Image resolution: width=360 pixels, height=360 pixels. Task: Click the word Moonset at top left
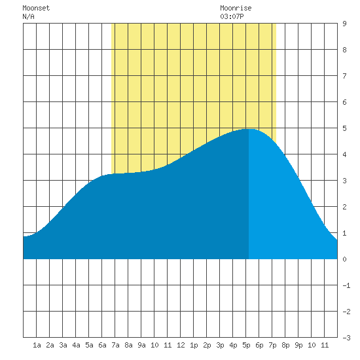tap(36, 8)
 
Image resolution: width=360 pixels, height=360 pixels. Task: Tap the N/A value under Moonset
tap(28, 16)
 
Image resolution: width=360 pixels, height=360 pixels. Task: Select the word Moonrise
tap(236, 8)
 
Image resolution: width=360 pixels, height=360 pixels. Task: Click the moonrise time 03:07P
tap(232, 16)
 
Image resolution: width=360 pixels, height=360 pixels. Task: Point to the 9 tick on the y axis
tap(344, 24)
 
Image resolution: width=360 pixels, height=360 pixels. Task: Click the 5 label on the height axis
tap(344, 128)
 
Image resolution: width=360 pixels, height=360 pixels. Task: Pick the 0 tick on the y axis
tap(344, 259)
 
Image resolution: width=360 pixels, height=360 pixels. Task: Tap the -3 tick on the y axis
tap(346, 338)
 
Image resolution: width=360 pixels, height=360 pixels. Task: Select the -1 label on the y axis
tap(346, 285)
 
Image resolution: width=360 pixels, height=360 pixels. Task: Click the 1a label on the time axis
tap(37, 345)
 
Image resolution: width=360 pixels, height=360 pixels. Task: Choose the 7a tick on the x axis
tap(115, 345)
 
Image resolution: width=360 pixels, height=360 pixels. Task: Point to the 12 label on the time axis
tap(181, 345)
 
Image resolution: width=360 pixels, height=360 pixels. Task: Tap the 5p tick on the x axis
tap(246, 345)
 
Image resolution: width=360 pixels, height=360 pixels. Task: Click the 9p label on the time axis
tap(298, 345)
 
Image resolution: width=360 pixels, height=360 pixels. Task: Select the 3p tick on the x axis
tap(220, 345)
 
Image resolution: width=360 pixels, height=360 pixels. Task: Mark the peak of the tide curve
tap(250, 129)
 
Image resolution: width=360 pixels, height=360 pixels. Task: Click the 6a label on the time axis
tap(102, 345)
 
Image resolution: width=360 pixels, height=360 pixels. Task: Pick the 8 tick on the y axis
tap(344, 50)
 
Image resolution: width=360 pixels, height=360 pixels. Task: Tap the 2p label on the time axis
tap(207, 345)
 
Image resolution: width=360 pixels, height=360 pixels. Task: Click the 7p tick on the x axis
tap(272, 345)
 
